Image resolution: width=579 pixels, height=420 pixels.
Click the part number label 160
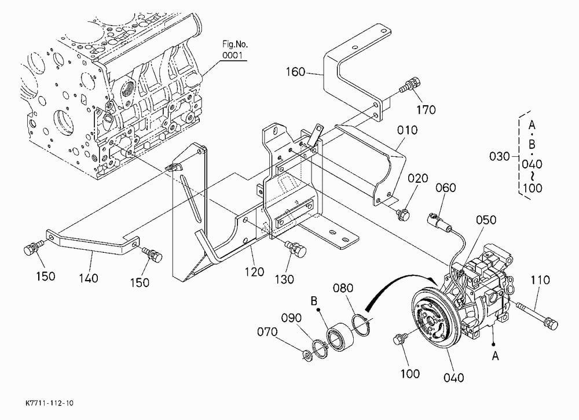point(295,72)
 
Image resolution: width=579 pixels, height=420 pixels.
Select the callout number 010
point(407,130)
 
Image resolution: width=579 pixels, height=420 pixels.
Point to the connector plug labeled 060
point(437,220)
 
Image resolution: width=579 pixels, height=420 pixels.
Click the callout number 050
point(486,220)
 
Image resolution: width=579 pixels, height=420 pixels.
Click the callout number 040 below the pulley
point(453,378)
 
